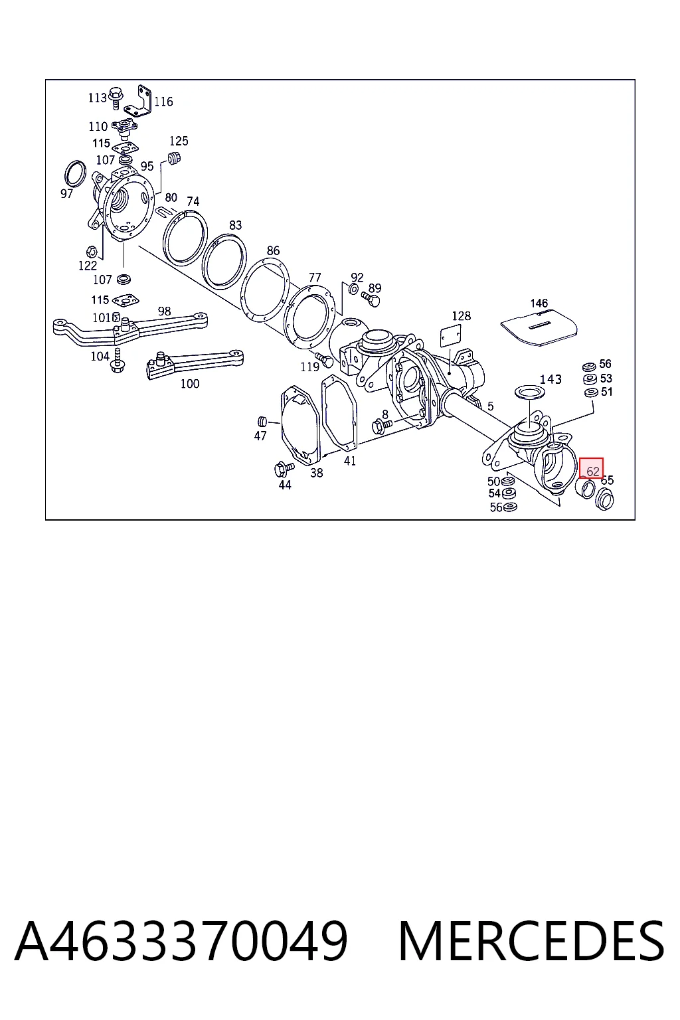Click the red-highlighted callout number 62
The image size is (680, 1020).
coord(592,471)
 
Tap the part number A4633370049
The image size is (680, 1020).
coord(181,940)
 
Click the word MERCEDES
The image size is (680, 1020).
coord(531,940)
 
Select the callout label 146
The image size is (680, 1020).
coord(539,303)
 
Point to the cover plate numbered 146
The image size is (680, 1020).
coord(539,327)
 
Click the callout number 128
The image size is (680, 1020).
coord(461,316)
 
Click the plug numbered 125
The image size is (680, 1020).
coord(174,158)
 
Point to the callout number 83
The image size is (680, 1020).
coord(235,225)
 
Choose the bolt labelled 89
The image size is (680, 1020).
coord(371,299)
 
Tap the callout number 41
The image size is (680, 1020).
coord(349,461)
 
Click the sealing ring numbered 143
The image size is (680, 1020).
coord(530,392)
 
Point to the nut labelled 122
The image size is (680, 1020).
coord(91,252)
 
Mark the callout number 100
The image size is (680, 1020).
coord(189,384)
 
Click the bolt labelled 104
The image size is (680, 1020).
coord(117,361)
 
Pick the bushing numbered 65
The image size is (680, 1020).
coord(605,499)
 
